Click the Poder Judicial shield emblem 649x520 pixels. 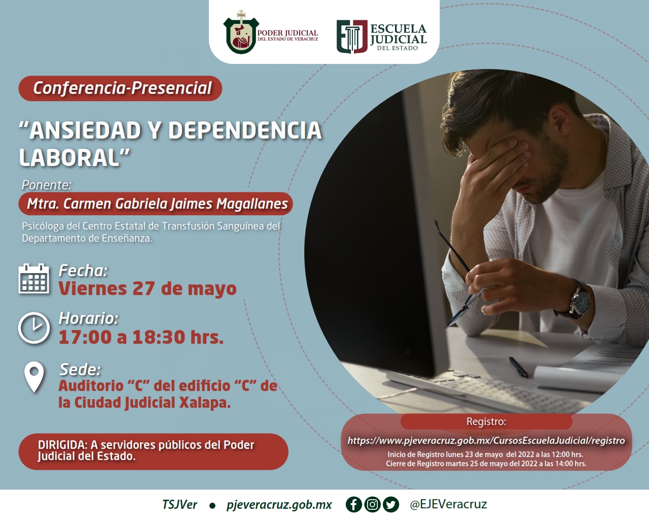(241, 32)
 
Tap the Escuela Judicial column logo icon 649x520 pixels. (352, 37)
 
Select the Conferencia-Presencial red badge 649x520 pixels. (120, 88)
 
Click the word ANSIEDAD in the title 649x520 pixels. (85, 131)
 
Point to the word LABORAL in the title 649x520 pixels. (69, 157)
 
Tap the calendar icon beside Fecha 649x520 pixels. (34, 279)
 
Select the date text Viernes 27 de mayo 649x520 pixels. (148, 288)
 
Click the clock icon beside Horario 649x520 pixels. (34, 328)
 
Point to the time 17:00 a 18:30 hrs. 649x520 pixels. (141, 337)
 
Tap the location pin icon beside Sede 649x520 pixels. (34, 377)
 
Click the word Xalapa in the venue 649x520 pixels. (205, 403)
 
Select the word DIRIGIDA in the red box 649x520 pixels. (62, 445)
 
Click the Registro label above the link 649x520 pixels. (486, 421)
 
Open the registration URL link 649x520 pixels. (486, 441)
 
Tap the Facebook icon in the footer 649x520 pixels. (354, 505)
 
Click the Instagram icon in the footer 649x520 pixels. (373, 505)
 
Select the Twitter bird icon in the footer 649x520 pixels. (391, 505)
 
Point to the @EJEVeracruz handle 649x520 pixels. (448, 504)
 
